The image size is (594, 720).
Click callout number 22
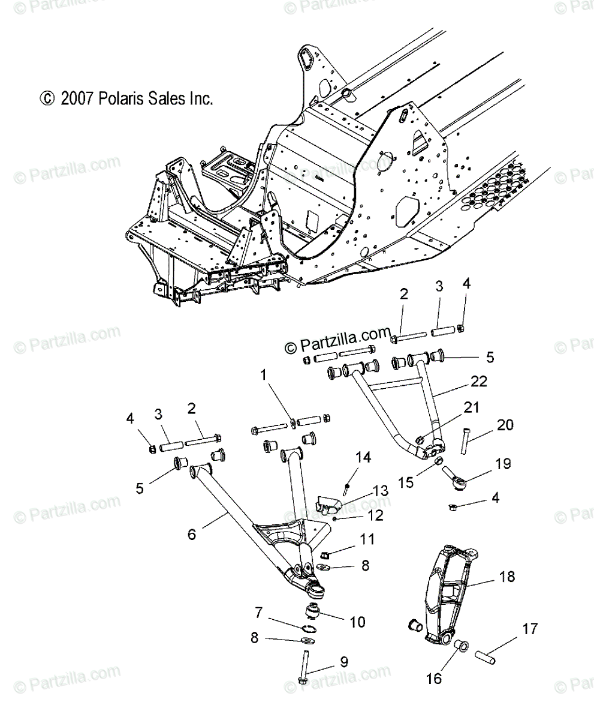click(480, 382)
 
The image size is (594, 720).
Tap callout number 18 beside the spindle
click(506, 577)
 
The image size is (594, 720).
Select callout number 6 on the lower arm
click(192, 534)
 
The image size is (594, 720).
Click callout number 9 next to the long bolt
click(344, 662)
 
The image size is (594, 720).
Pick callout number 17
click(530, 629)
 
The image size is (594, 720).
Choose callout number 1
click(263, 376)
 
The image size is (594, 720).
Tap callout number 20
click(505, 425)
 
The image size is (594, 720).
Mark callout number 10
click(357, 623)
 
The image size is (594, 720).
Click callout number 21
click(471, 409)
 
